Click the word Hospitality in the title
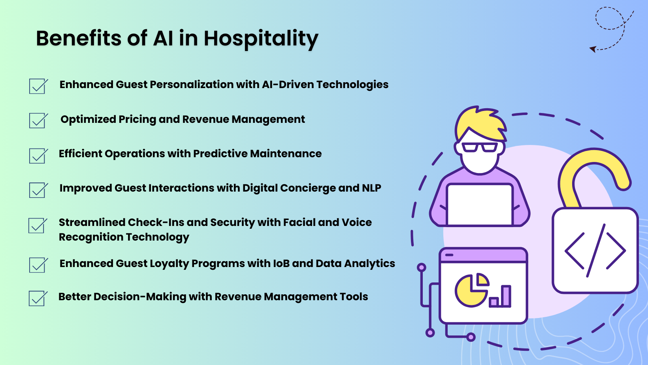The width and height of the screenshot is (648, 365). (x=261, y=39)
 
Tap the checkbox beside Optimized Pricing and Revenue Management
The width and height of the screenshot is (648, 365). (x=38, y=120)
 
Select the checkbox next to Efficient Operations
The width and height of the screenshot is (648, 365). (x=38, y=155)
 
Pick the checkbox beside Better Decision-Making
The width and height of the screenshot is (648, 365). (x=38, y=298)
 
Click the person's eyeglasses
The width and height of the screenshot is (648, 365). (x=480, y=147)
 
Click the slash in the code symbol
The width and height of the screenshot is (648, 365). (x=596, y=250)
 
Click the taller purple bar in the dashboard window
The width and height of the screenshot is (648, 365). (x=506, y=296)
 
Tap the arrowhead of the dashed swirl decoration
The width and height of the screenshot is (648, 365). (x=593, y=49)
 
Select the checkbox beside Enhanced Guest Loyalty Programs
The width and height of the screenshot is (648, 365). (x=38, y=265)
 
